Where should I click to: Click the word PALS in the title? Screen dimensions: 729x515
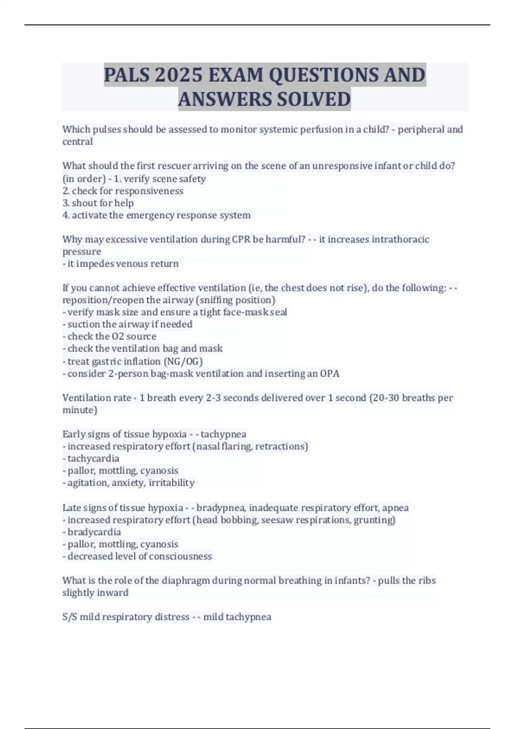[127, 75]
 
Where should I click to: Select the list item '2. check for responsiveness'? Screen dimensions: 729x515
[123, 191]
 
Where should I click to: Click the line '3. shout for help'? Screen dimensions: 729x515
[98, 203]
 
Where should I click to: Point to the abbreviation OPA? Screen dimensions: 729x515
[330, 374]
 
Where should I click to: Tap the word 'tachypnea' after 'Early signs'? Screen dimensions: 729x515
[223, 434]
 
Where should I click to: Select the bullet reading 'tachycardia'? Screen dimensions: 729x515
[91, 458]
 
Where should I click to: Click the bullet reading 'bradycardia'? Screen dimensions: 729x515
[92, 532]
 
